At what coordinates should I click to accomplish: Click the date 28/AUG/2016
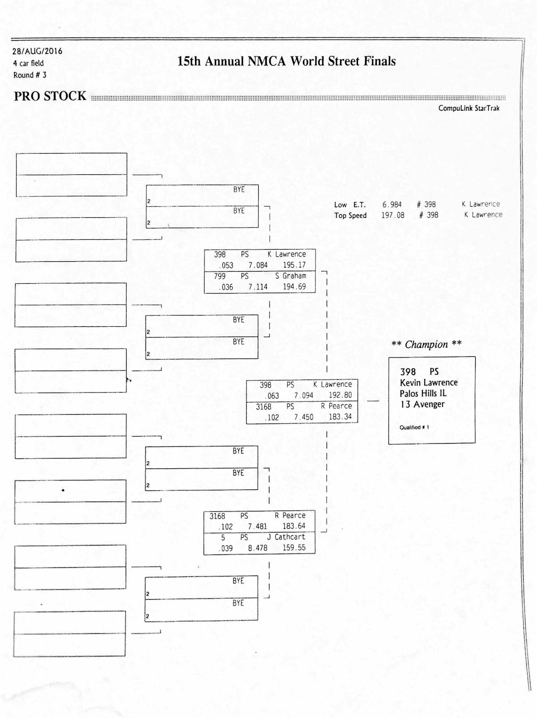coord(38,51)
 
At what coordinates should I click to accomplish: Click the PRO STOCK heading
coord(50,96)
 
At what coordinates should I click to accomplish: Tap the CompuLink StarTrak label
coord(469,108)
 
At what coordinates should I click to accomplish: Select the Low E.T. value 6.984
coord(392,204)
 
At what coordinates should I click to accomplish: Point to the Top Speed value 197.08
coord(392,215)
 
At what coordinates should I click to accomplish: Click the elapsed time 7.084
coord(258,265)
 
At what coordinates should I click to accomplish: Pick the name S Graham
coord(290,276)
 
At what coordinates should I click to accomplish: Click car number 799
coord(219,276)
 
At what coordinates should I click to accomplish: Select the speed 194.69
coord(294,287)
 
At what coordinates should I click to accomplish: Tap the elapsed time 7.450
coord(303,417)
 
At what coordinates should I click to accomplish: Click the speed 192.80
coord(340,395)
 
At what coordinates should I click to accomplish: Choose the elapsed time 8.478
coord(257,548)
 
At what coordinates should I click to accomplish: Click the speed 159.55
coord(294,548)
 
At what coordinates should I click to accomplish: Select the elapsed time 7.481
coord(257,527)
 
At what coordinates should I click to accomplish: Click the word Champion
coord(426,345)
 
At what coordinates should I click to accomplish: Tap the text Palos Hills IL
coord(423,394)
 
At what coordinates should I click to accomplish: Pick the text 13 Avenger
coord(422,404)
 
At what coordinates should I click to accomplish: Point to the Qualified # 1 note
coord(414,428)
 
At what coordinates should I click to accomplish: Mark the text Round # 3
coord(30,75)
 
